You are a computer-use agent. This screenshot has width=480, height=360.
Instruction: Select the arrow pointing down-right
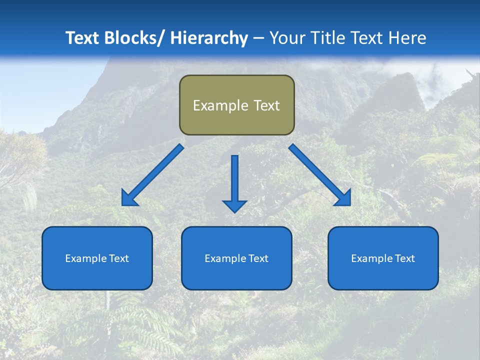click(x=320, y=175)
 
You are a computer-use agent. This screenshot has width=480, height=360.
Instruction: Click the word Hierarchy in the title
click(x=209, y=38)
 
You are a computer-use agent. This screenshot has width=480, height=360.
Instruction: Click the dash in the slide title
click(x=258, y=38)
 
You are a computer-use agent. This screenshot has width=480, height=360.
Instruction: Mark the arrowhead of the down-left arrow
click(x=129, y=199)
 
